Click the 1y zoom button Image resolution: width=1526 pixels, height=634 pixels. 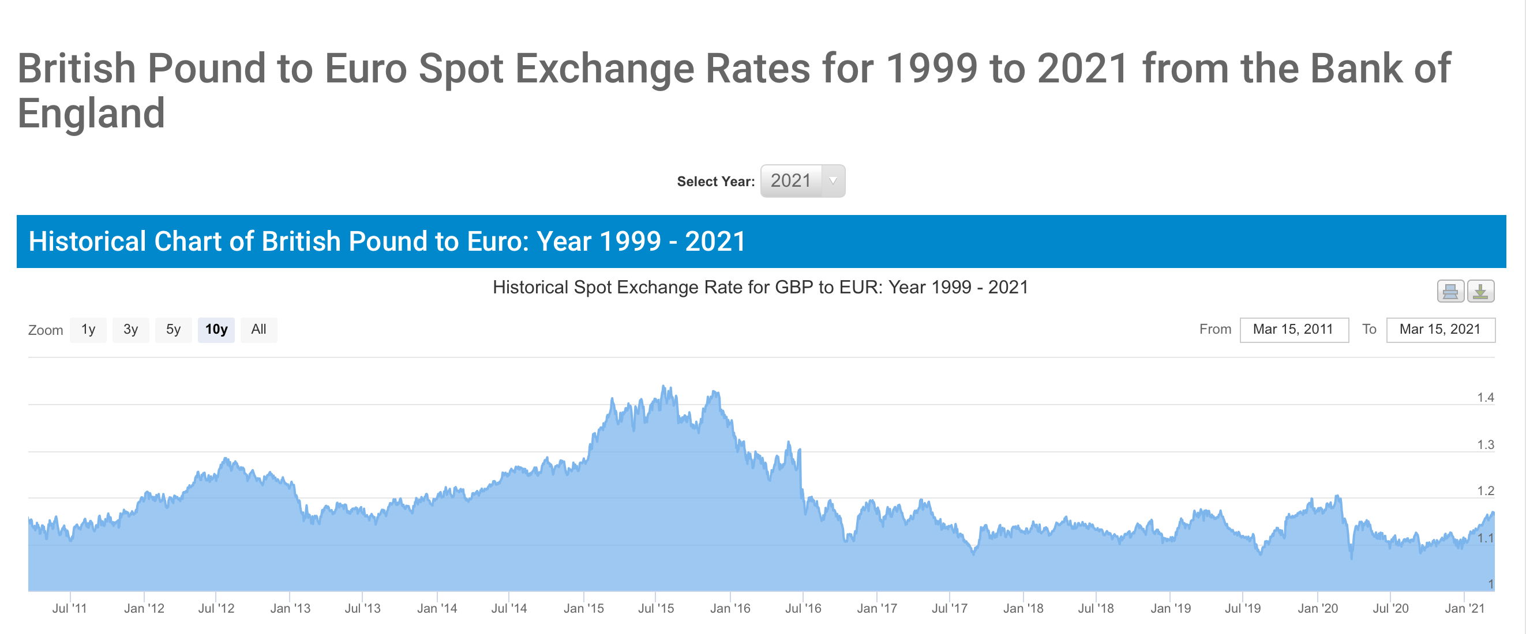(x=88, y=330)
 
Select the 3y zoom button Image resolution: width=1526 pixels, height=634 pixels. (x=130, y=330)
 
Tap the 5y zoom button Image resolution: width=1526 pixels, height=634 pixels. (x=173, y=330)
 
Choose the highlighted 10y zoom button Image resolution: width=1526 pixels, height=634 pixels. (x=216, y=330)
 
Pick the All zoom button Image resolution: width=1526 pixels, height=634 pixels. (x=258, y=330)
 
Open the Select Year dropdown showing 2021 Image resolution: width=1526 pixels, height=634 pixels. (x=802, y=180)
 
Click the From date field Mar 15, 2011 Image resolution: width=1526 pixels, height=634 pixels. (x=1293, y=330)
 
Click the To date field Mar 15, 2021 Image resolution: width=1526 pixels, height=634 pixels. (x=1440, y=330)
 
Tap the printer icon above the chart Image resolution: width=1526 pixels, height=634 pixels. (x=1450, y=291)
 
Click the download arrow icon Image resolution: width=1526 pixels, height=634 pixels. (x=1480, y=291)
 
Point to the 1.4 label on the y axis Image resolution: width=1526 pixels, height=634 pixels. (x=1485, y=398)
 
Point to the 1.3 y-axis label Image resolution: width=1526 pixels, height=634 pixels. (x=1485, y=445)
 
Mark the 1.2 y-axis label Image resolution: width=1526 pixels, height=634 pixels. (x=1485, y=491)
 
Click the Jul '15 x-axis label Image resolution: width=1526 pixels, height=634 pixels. (x=656, y=609)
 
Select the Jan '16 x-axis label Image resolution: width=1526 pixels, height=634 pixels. (x=730, y=609)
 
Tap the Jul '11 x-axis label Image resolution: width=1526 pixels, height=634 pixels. (x=69, y=609)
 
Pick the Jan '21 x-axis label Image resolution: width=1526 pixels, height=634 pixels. (x=1464, y=609)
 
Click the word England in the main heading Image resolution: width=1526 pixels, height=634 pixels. (x=91, y=113)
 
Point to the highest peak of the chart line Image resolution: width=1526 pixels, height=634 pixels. (x=663, y=386)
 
